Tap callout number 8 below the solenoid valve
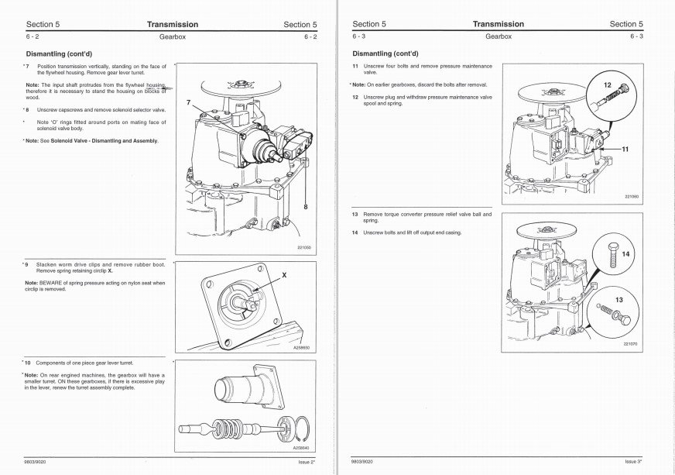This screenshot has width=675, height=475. click(306, 207)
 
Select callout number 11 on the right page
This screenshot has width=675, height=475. click(625, 149)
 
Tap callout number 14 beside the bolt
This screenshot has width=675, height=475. click(625, 253)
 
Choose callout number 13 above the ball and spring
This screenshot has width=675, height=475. click(619, 299)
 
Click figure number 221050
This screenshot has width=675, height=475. click(304, 248)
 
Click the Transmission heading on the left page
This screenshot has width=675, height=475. click(172, 24)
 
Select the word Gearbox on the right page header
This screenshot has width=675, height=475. click(499, 36)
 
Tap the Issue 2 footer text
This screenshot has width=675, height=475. click(306, 462)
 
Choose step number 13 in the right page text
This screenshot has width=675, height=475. click(354, 214)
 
